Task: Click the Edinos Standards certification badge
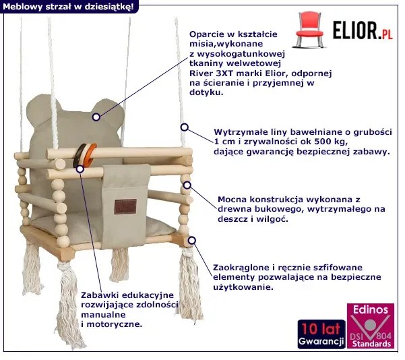(370, 327)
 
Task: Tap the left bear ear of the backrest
(41, 109)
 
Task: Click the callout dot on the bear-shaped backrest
(96, 117)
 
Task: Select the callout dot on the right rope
(183, 127)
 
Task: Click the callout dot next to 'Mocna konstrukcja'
(187, 185)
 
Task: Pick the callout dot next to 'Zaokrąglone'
(192, 239)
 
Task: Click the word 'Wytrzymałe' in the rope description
(238, 131)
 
